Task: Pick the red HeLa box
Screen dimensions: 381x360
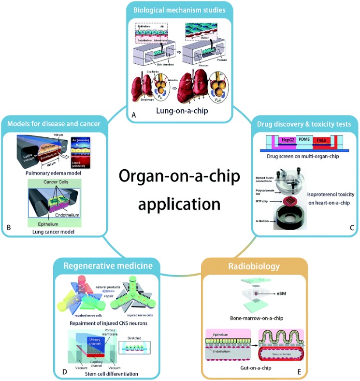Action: click(322, 139)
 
